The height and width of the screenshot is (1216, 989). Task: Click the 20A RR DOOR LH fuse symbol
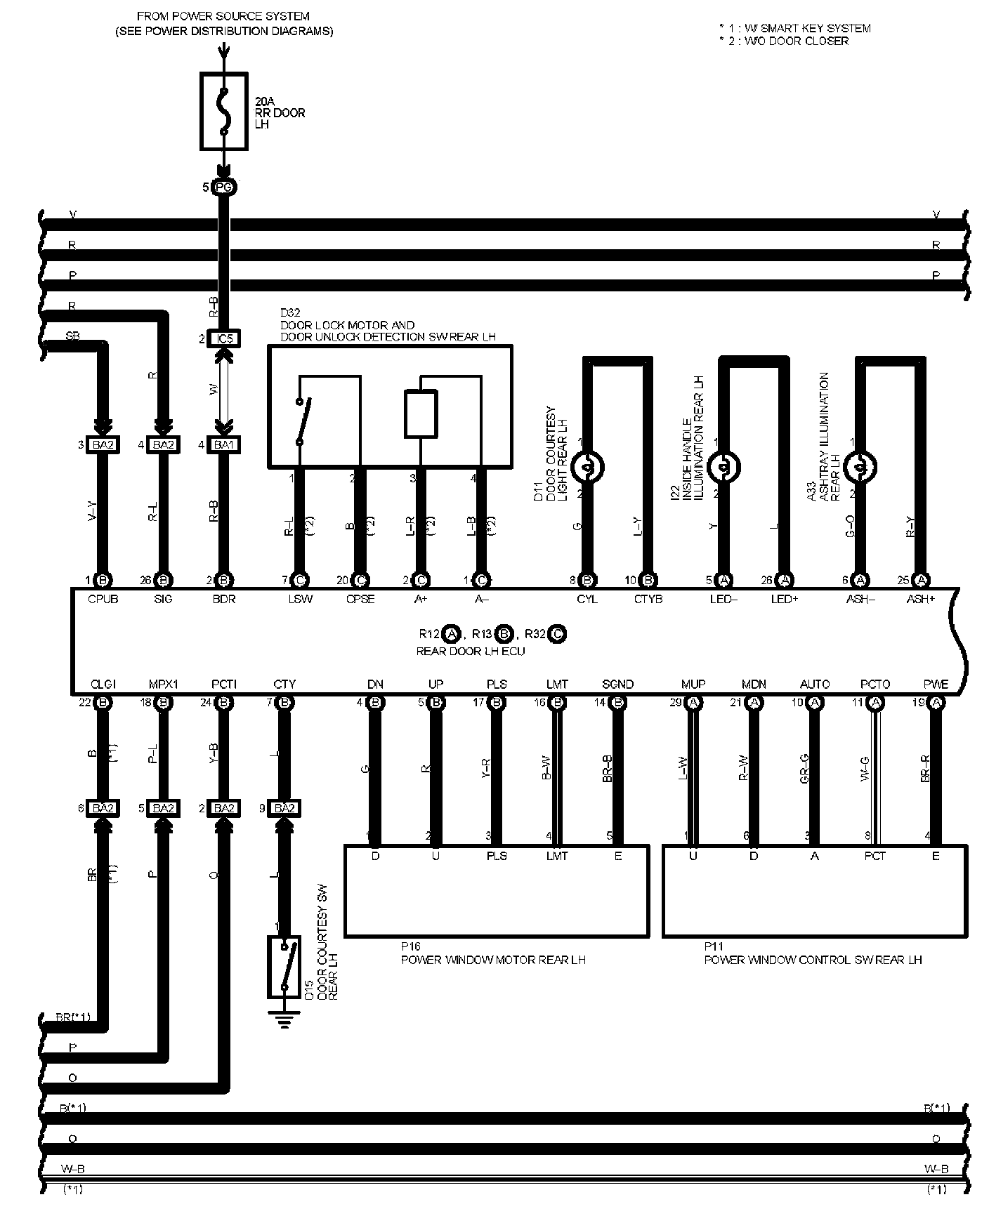pos(224,111)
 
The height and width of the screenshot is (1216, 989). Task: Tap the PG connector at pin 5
pos(224,187)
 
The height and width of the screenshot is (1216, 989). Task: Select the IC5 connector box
pos(224,338)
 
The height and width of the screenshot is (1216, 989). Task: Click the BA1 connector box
pos(224,444)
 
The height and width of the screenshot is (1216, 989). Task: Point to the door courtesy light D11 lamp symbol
pos(587,466)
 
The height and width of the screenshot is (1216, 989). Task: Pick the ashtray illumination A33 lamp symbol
pos(860,466)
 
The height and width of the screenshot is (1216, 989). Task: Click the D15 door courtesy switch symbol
pos(284,966)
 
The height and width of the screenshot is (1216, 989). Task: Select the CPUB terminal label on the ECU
pos(103,599)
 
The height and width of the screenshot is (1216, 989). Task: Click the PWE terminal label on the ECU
pos(936,684)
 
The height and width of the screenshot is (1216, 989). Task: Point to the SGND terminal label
pos(618,684)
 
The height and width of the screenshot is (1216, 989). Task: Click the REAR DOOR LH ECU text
pos(471,651)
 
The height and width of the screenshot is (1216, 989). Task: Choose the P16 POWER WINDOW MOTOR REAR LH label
pos(493,960)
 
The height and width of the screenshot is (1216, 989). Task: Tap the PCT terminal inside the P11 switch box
pos(875,856)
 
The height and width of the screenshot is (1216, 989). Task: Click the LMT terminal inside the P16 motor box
pos(557,856)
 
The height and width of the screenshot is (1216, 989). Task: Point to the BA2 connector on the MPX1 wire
pos(163,808)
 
